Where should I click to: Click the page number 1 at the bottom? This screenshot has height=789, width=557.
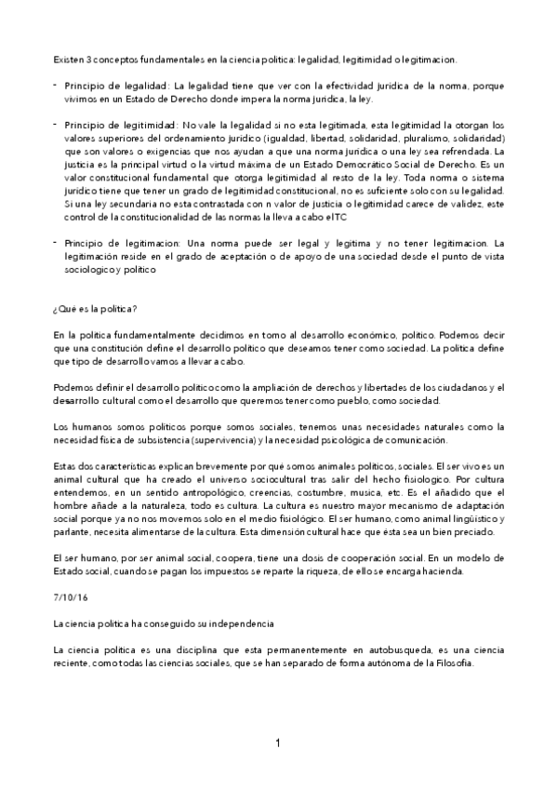[277, 742]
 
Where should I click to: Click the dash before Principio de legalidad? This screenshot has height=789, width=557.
[56, 85]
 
